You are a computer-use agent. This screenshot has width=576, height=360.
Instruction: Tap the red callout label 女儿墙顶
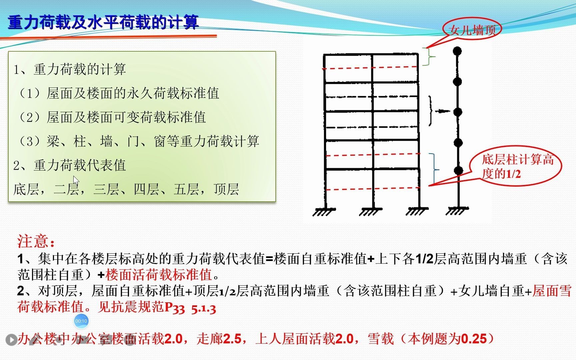(472, 30)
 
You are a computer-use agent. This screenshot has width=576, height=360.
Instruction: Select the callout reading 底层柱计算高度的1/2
(517, 166)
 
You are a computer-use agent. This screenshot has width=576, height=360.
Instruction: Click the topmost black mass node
(457, 51)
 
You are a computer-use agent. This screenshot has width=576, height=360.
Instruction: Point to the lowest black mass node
(459, 170)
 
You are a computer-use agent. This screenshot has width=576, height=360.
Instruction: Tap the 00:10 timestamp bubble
(81, 321)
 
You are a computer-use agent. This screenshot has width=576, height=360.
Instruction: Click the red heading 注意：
(36, 241)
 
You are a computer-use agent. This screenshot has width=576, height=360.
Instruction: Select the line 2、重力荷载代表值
(70, 165)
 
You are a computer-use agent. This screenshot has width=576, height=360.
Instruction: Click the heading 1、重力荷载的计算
(70, 69)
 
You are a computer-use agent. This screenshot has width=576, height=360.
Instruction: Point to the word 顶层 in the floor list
(226, 189)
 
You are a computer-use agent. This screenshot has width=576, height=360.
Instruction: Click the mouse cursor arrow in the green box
(76, 180)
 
